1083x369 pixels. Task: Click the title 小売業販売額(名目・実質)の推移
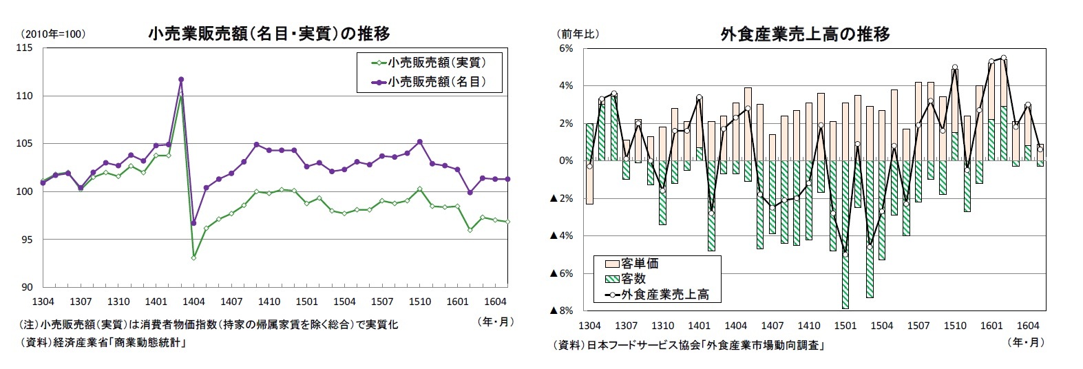[x=269, y=33]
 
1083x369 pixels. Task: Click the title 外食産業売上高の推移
[x=805, y=34]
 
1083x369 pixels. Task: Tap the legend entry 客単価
[x=640, y=264]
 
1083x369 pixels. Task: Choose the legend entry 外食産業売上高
[x=664, y=295]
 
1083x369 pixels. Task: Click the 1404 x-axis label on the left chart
[x=193, y=302]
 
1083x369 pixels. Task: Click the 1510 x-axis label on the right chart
[x=955, y=326]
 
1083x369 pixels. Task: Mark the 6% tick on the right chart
[x=566, y=48]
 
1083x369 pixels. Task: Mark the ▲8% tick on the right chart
[x=562, y=311]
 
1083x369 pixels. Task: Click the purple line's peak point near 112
[x=181, y=79]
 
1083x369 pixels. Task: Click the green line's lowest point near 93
[x=193, y=257]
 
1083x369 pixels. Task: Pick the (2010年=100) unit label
[x=53, y=34]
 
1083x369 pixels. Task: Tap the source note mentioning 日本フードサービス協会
[x=688, y=345]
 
